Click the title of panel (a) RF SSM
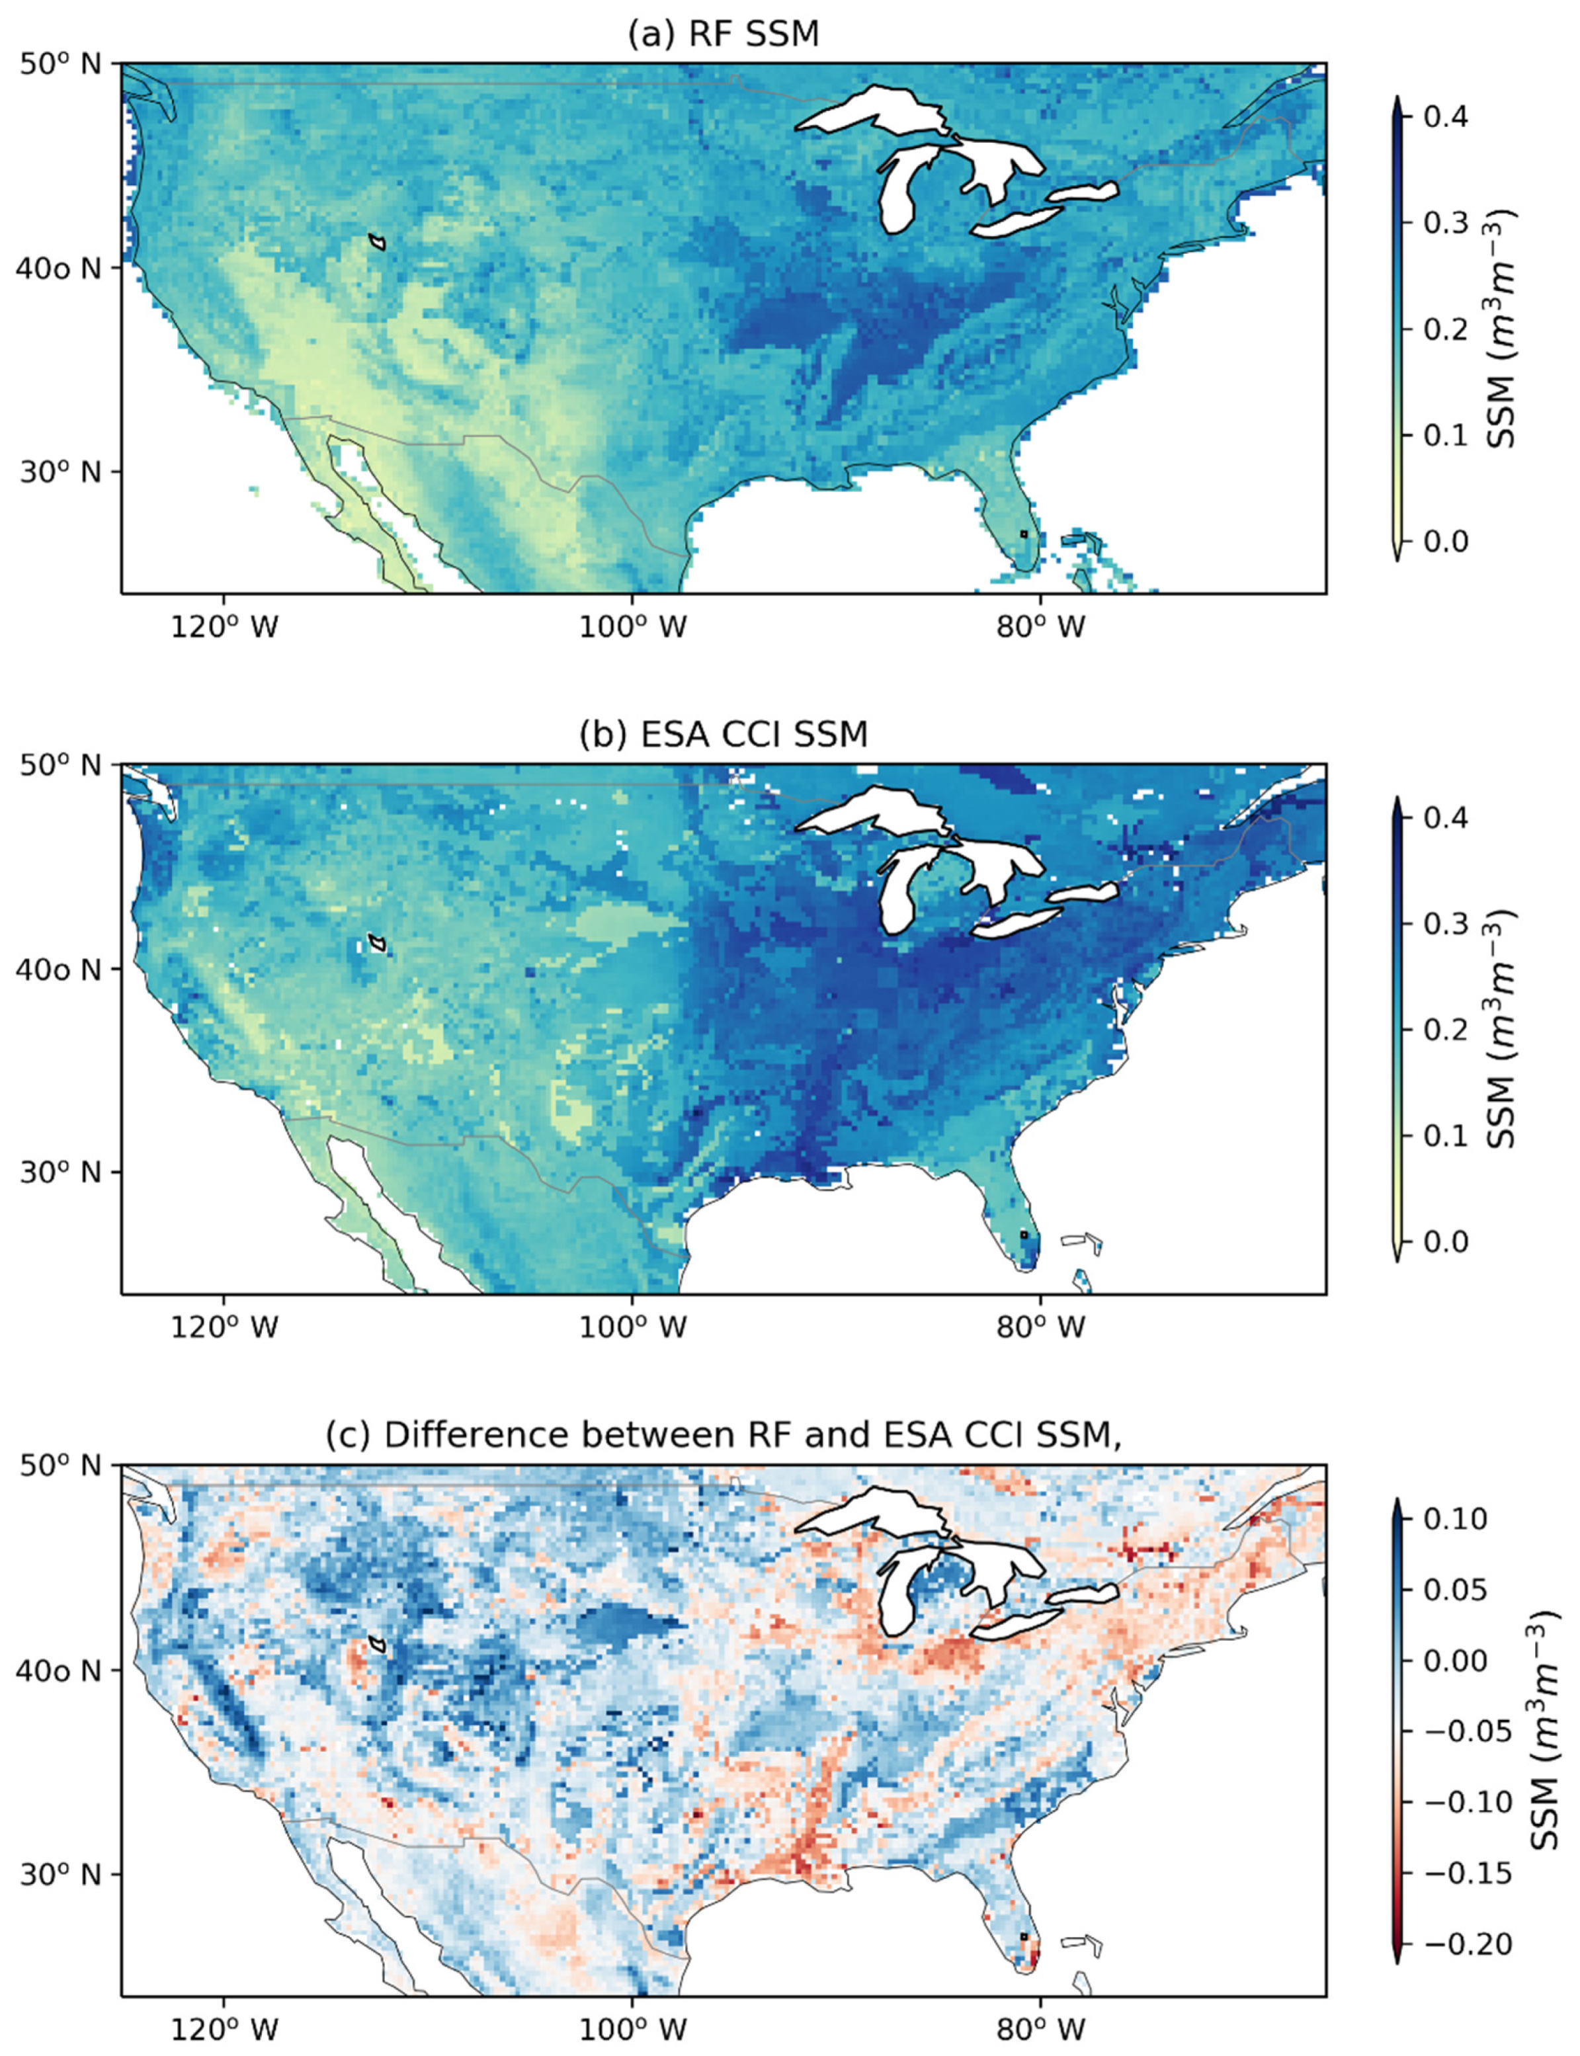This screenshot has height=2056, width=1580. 724,34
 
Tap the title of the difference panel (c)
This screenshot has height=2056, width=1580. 724,1434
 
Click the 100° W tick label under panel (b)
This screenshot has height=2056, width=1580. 632,1327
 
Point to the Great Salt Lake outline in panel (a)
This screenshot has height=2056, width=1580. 377,242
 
